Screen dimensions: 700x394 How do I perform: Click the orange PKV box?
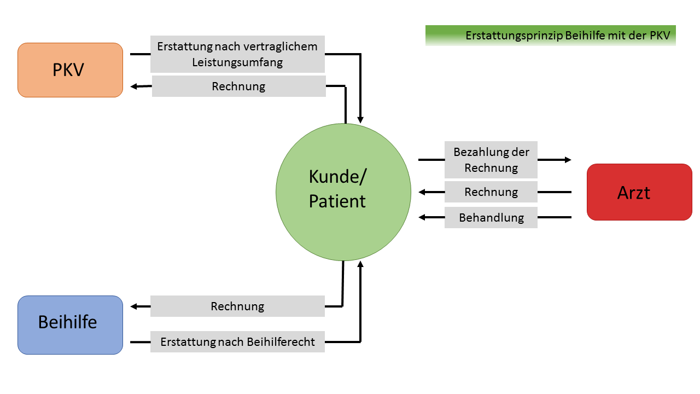pos(71,70)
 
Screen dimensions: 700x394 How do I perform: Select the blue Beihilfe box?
pos(71,325)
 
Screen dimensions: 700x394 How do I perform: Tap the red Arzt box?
pos(639,192)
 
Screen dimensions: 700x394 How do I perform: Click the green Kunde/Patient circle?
pos(343,192)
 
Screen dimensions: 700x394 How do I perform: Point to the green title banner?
pos(551,36)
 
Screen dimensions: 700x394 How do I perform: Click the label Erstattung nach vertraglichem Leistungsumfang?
pos(237,54)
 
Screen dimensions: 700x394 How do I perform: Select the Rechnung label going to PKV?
pos(239,86)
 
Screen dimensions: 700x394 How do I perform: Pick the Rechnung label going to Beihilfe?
pos(237,306)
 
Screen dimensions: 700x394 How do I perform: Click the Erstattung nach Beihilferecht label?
pos(237,342)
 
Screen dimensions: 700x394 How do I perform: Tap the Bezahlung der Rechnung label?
pos(491,160)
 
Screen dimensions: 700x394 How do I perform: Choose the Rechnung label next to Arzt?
pos(491,192)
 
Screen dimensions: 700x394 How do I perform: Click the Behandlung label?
pos(491,217)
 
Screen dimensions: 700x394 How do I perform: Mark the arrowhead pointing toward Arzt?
pos(568,160)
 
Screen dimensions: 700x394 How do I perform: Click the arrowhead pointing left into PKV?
pos(134,86)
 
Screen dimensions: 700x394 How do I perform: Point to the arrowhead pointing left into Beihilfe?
pos(134,306)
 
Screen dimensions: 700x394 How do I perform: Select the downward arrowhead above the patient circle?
pos(360,120)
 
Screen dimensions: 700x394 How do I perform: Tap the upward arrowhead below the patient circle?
pos(360,264)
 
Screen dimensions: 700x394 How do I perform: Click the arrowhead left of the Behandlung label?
pos(422,217)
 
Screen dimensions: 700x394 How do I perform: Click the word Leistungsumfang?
pos(237,62)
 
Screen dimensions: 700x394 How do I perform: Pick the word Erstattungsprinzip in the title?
pos(515,36)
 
